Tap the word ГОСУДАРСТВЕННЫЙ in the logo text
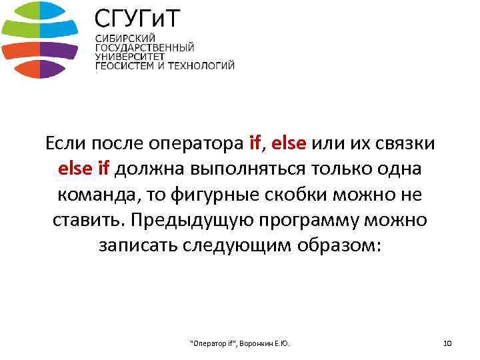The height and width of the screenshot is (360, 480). tap(145, 48)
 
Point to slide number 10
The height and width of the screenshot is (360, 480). tap(447, 343)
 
